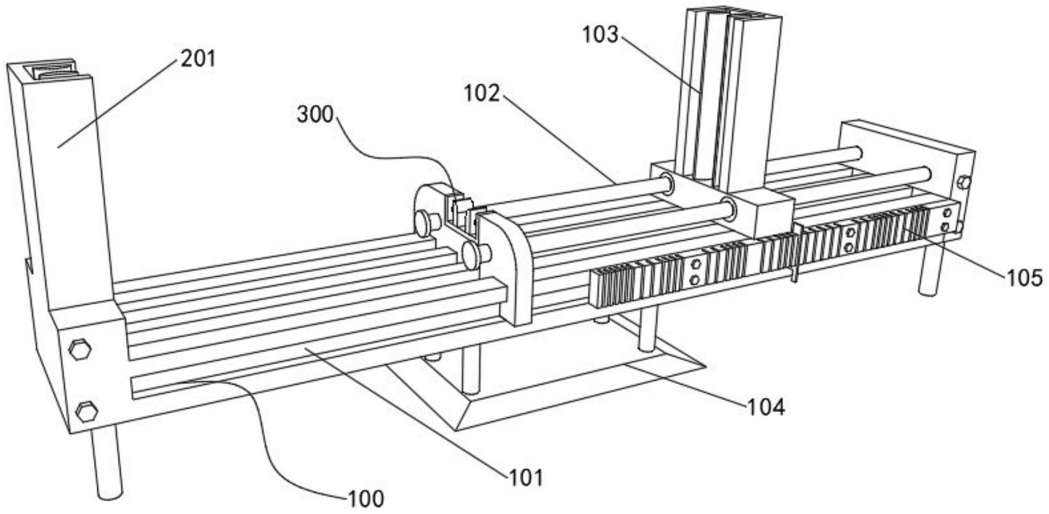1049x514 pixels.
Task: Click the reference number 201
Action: coord(198,59)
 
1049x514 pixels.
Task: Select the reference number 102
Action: coord(482,93)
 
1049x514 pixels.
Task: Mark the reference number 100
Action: coord(366,498)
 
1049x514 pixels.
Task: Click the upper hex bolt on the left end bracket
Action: coord(80,350)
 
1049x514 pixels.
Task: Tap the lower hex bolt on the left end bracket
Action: coord(87,411)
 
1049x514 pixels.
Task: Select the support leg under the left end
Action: coord(108,463)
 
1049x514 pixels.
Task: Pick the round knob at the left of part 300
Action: coord(426,224)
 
